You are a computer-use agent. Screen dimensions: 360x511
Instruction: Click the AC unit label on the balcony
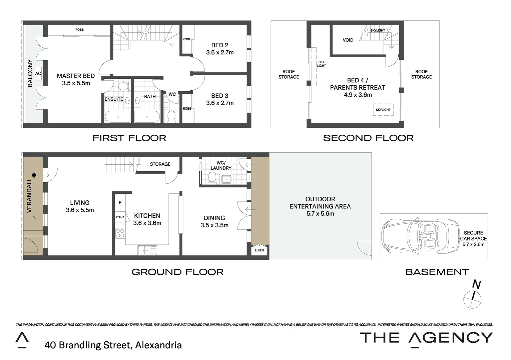coord(38,73)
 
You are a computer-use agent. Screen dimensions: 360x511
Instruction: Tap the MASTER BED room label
coord(76,76)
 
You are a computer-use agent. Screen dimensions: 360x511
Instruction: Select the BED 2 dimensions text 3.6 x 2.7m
coord(220,52)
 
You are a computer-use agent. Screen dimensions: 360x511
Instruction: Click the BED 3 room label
coord(220,96)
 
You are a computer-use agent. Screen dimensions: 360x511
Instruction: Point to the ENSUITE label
coord(114,99)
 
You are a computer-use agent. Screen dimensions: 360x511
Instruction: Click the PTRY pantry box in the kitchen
coord(120,217)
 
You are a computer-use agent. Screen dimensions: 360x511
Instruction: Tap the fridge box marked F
coord(120,203)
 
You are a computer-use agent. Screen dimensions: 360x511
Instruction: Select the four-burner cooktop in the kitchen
coord(120,233)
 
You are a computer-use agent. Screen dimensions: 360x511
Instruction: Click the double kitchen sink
coord(147,250)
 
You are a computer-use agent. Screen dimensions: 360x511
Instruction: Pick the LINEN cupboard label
coord(259,250)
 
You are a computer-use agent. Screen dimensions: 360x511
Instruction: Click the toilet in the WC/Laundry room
coord(212,178)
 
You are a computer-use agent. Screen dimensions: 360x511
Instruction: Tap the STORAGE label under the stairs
coord(160,164)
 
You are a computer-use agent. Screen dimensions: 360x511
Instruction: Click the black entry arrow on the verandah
coord(34,175)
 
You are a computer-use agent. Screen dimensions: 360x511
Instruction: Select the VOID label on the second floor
coord(348,40)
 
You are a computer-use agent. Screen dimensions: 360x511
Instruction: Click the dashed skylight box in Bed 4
coord(383,110)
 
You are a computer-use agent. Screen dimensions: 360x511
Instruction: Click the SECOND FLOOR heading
coord(368,138)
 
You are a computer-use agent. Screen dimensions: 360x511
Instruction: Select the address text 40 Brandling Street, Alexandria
coord(113,345)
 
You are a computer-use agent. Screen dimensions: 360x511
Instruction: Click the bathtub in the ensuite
coord(118,117)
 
